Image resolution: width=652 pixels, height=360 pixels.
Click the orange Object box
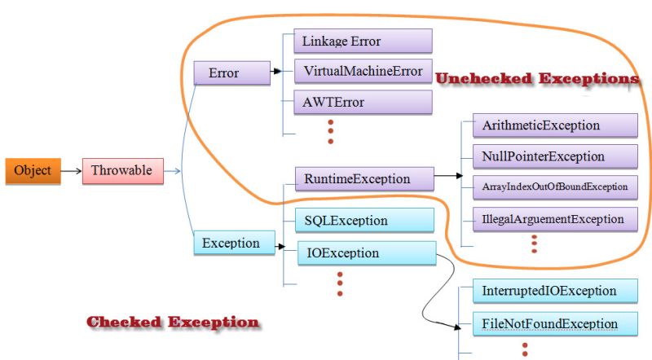32,171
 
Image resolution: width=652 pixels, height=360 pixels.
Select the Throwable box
122,171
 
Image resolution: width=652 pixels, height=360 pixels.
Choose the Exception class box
231,243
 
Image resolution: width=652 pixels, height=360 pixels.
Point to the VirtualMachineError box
362,72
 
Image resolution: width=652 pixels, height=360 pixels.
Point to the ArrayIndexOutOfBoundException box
554,187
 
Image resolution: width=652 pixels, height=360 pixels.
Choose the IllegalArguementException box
554,219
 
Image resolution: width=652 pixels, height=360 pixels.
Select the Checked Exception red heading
173,323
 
